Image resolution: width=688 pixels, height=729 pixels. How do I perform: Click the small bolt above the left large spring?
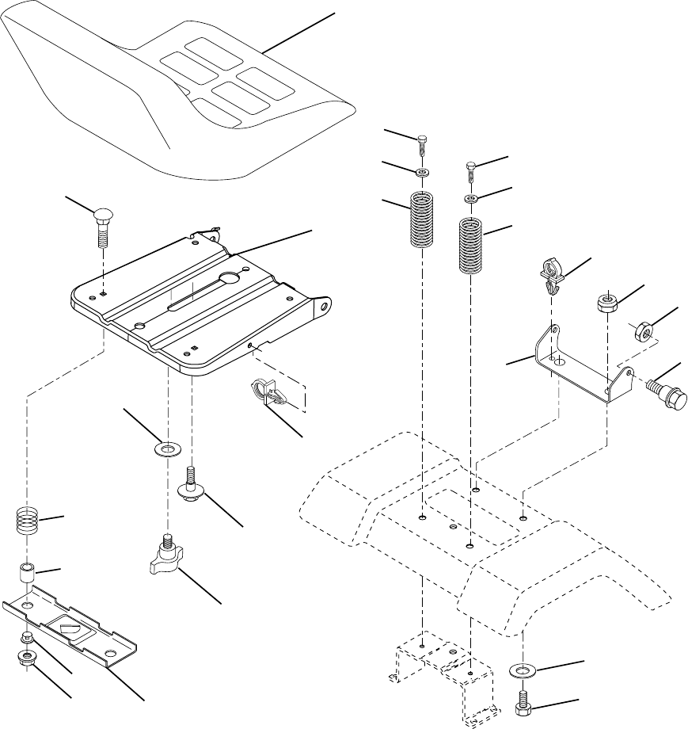(x=424, y=146)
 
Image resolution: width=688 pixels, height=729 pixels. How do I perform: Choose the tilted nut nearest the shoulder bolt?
(x=640, y=329)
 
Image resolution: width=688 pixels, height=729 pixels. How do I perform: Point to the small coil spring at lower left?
(x=28, y=522)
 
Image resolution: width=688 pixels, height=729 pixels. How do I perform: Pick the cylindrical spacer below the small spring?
(x=28, y=573)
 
